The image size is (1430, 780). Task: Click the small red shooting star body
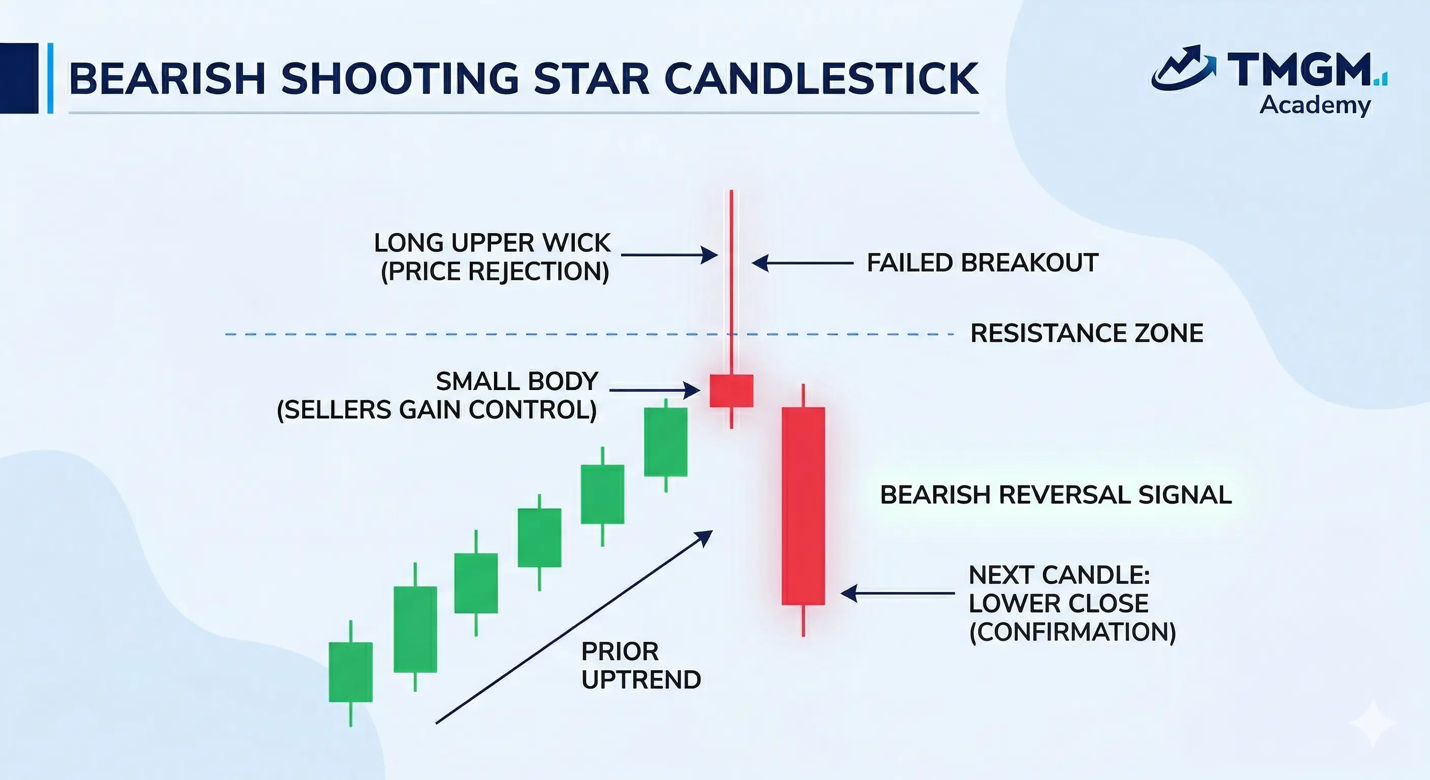click(x=732, y=391)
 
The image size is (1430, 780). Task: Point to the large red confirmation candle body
click(x=803, y=506)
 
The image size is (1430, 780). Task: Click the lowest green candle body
click(x=351, y=672)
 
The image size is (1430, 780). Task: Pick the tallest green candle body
click(x=415, y=629)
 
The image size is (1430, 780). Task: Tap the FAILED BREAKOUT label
click(x=983, y=263)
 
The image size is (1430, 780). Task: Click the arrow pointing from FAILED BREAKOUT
click(x=803, y=263)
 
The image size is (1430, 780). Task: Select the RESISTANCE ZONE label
click(x=1087, y=334)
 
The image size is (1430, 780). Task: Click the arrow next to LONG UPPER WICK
click(x=669, y=255)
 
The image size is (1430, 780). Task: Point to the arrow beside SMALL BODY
click(x=655, y=391)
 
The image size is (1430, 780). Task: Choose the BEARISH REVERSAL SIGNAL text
click(x=1056, y=495)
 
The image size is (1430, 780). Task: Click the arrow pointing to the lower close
click(x=898, y=593)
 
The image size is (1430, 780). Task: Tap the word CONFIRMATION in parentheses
click(x=1072, y=632)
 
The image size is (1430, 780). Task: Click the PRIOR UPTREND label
click(x=641, y=666)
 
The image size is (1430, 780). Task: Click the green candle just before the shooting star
click(x=666, y=442)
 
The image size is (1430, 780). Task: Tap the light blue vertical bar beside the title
click(x=50, y=78)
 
